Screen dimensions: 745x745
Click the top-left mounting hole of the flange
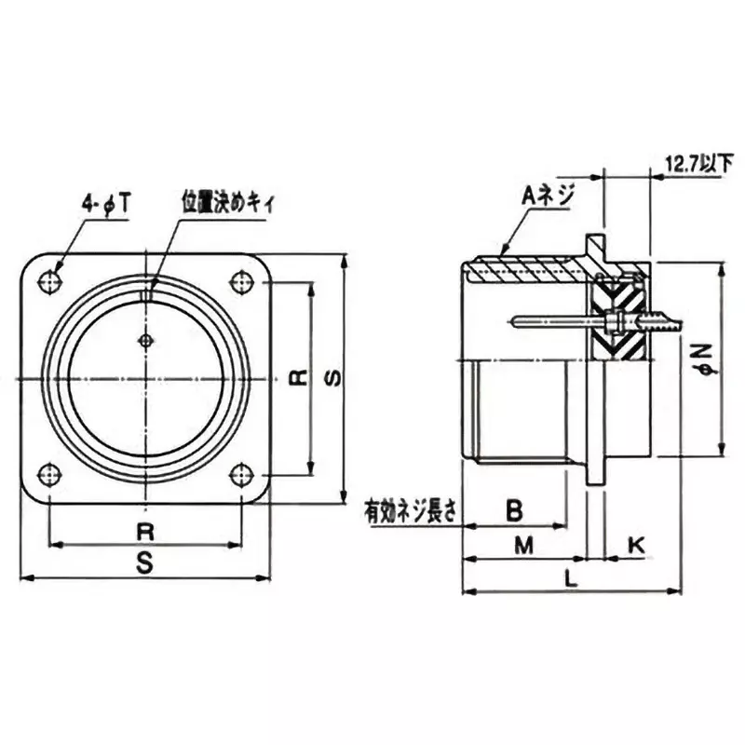51,279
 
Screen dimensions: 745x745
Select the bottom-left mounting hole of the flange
51,473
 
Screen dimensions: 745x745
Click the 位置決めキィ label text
227,202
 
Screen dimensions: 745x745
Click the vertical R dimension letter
297,376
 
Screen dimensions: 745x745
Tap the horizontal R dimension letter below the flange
145,532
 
